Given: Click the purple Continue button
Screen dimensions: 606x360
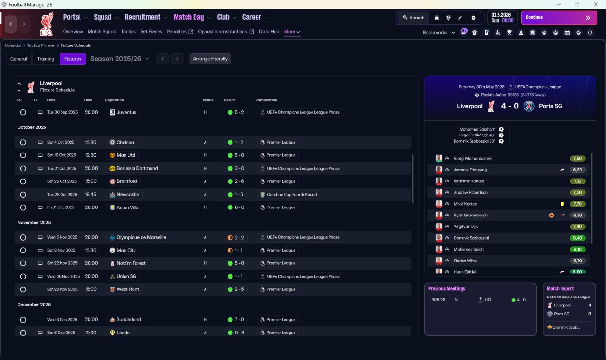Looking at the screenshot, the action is [559, 18].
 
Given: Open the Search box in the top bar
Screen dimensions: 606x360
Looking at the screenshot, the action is [413, 18].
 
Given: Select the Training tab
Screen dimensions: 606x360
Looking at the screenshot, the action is [45, 59].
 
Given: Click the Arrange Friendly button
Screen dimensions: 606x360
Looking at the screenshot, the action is [210, 59].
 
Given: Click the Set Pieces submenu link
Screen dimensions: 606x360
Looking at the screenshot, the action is [151, 32].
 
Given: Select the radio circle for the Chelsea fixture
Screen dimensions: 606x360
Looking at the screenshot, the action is [23, 143].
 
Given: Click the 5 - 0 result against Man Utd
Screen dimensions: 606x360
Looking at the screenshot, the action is [236, 155].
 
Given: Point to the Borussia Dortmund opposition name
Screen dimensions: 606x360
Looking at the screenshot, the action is [137, 168].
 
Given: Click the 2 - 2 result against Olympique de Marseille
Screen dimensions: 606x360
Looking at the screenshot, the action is [236, 238].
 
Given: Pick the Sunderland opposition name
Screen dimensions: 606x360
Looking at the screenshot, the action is [129, 320].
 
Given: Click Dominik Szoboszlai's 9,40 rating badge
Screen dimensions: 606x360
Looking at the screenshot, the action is [577, 238].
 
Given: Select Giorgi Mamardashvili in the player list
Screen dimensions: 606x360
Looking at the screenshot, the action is [473, 159].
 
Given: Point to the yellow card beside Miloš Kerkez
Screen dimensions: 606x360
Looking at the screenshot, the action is [562, 204].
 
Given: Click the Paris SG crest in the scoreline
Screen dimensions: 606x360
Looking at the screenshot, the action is [529, 106].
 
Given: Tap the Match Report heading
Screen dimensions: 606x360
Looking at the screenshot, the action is [560, 289].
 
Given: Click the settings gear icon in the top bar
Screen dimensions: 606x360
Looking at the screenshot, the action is [473, 18].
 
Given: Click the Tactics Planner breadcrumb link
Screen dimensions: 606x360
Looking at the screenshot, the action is [41, 45].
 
